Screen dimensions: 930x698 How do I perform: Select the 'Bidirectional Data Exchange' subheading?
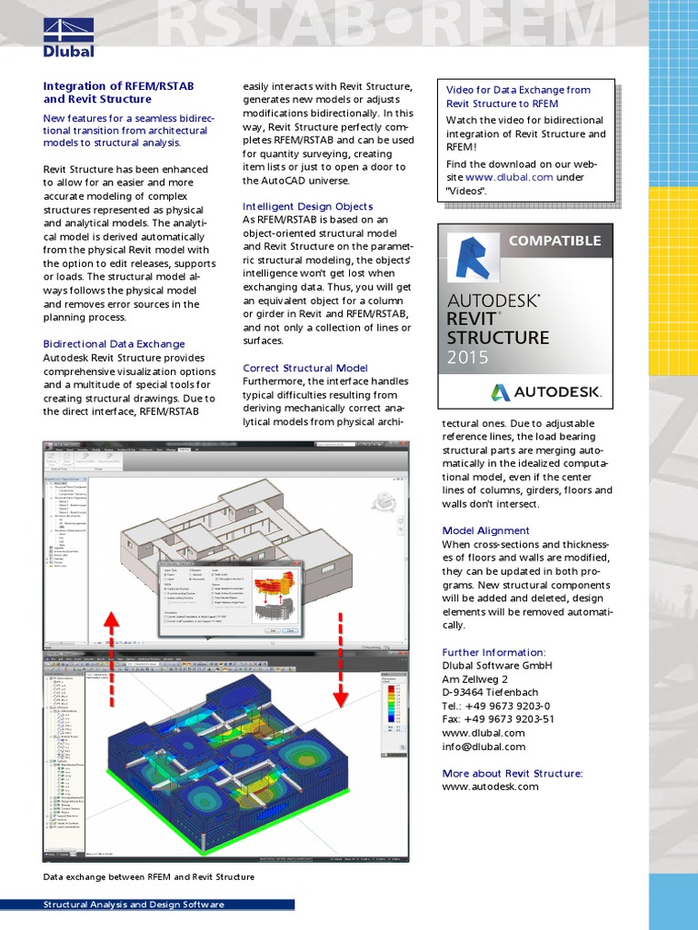pos(115,344)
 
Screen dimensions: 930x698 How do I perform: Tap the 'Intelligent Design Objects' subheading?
pos(308,206)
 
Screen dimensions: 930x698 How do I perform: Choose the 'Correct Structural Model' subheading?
pos(305,368)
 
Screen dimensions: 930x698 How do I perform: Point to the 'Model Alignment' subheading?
pos(485,530)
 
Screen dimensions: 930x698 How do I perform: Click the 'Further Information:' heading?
pos(494,652)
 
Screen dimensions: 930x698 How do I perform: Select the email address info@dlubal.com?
pos(484,747)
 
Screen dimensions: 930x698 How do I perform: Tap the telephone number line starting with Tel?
pos(496,706)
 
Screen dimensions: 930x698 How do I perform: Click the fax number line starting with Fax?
pos(498,719)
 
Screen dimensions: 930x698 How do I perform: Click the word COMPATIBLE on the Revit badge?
pos(554,241)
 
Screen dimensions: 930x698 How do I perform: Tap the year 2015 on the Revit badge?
pos(467,358)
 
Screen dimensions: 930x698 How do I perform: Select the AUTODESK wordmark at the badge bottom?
pos(546,392)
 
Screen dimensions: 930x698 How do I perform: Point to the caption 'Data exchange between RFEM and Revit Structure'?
pos(149,877)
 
